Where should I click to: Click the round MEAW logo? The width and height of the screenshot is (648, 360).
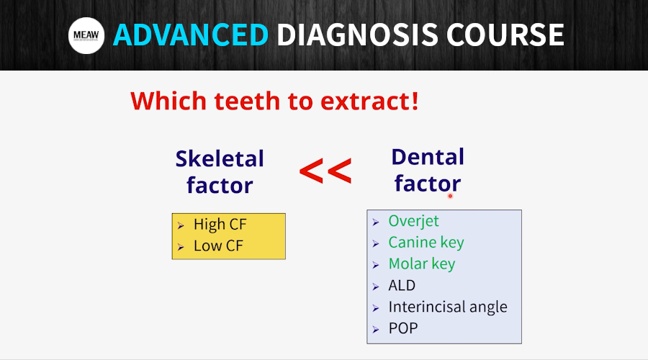coord(86,35)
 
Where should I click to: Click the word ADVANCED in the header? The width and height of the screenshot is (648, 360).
coord(191,35)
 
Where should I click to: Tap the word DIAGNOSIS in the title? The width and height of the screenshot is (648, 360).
coord(357,35)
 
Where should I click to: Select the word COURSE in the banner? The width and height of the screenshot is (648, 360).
coord(505,35)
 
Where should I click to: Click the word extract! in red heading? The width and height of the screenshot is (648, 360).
coord(369,101)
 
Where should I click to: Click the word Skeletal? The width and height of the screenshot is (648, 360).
coord(220,158)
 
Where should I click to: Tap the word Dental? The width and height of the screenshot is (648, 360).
coord(428,157)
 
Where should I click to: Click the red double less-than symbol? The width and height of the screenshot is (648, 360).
coord(325,171)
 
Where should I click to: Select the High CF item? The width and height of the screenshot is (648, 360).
coord(220,225)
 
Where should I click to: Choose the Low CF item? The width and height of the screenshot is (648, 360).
coord(218,246)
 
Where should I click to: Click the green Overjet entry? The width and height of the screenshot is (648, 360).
coord(413,221)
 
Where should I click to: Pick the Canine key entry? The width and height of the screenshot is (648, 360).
coord(426,243)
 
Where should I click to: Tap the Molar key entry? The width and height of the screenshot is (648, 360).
coord(421,264)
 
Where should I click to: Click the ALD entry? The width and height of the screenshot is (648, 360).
coord(402,286)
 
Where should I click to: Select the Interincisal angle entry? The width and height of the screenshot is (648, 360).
coord(448,307)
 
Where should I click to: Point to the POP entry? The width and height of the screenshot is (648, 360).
coord(403,328)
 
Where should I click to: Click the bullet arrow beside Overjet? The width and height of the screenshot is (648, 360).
coord(376,222)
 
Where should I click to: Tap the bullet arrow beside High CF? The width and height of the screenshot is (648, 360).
coord(181,225)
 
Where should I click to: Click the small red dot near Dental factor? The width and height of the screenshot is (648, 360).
coord(451,197)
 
